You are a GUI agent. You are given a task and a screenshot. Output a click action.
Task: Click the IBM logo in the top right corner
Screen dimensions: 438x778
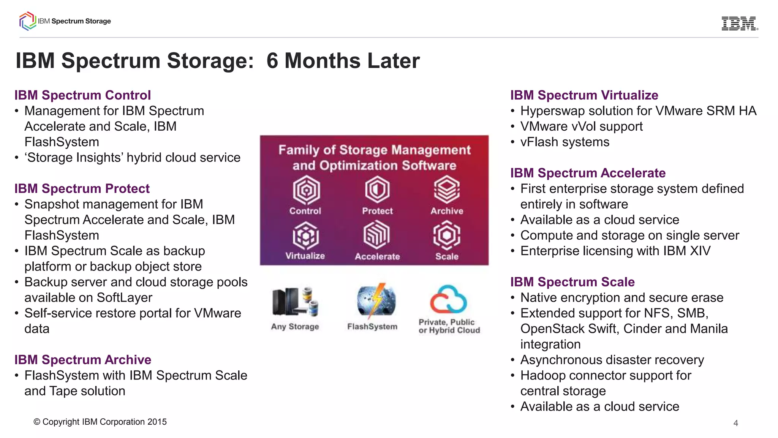(739, 24)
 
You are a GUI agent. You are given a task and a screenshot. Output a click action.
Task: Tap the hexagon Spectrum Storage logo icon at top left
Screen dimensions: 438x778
(27, 21)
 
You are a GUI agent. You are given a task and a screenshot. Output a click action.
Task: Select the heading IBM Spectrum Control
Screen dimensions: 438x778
(82, 95)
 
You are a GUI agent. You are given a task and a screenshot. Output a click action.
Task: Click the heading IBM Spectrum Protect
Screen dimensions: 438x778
(82, 188)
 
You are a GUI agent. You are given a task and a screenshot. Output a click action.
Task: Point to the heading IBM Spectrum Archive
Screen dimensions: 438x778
(82, 359)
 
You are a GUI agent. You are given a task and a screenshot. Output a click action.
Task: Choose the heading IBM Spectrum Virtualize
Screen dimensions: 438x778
(584, 95)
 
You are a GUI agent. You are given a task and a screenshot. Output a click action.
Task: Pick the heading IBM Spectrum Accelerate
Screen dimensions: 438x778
(587, 173)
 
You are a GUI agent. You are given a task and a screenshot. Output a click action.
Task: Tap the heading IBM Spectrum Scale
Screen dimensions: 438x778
(572, 282)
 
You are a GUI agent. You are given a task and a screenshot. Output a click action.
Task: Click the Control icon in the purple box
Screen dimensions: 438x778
(306, 190)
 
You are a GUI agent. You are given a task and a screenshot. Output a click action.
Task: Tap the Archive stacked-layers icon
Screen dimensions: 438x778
(447, 189)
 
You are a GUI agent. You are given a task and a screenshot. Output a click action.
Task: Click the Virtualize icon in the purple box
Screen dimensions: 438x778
(305, 236)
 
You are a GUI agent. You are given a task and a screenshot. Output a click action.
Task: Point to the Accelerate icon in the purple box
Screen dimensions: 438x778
(376, 235)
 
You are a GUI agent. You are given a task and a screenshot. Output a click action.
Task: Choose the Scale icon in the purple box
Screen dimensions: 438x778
(447, 236)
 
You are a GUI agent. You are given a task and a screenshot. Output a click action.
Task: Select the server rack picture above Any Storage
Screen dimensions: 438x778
(294, 302)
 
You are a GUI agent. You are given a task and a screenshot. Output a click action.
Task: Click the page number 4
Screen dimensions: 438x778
(735, 423)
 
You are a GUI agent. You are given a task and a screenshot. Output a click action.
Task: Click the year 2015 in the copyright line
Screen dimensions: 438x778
(157, 422)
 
